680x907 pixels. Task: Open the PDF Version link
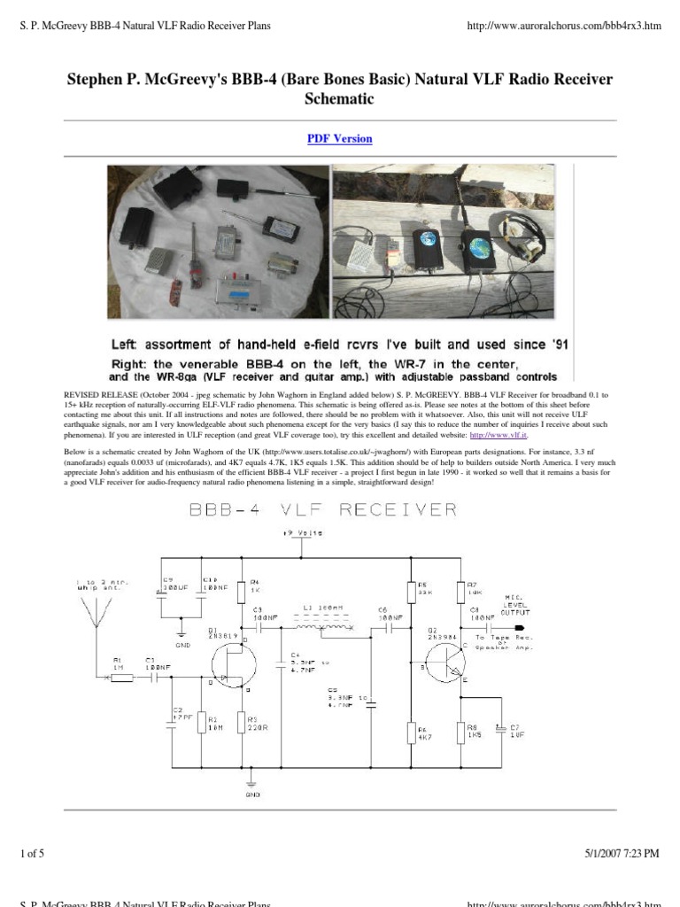[x=340, y=139]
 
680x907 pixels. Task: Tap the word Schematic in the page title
[x=340, y=99]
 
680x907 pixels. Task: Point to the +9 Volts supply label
[x=303, y=533]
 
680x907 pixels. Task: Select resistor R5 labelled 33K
[x=411, y=592]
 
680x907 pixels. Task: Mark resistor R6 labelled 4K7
[x=411, y=733]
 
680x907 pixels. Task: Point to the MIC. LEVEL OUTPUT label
[x=516, y=604]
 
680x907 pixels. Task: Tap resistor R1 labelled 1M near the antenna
[x=120, y=678]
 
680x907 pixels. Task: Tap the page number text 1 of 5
[x=31, y=854]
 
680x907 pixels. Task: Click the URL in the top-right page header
[x=563, y=26]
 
